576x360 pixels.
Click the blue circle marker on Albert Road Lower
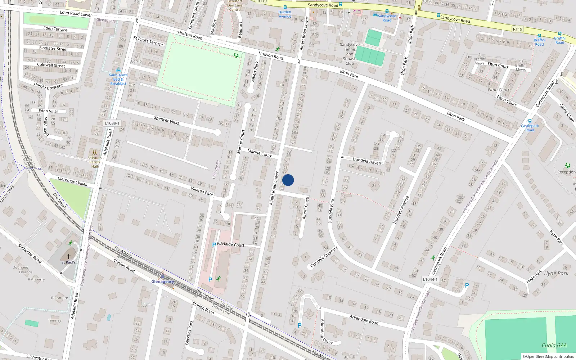coord(288,180)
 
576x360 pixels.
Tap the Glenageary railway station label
coord(162,282)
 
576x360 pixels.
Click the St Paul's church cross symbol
coord(69,257)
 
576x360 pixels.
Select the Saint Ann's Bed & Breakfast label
coord(118,79)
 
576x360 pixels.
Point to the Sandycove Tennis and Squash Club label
coord(350,54)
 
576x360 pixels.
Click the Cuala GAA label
coord(554,345)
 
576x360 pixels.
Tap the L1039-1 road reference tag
coord(112,123)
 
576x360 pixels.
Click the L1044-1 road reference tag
coord(430,279)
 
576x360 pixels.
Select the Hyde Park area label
coord(556,273)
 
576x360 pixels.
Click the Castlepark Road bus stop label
coord(530,128)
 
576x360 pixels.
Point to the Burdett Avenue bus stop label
coord(285,14)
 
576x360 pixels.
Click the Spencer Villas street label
coord(166,120)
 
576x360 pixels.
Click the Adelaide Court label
coord(231,244)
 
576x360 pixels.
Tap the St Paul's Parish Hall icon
coord(94,153)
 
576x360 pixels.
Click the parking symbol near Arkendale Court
coord(300,325)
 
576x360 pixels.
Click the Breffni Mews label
coord(479,61)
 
